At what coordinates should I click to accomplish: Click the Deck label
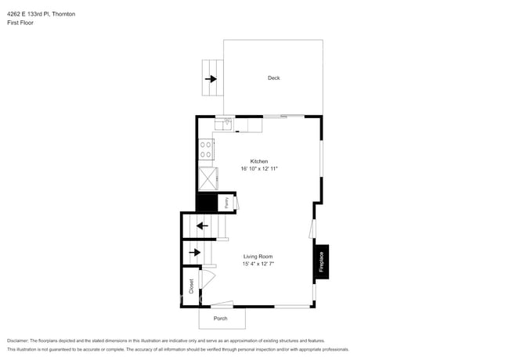273,78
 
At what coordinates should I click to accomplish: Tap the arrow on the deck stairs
211,79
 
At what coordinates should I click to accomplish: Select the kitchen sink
226,124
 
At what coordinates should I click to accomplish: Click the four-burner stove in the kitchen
207,148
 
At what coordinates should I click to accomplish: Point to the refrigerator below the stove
208,179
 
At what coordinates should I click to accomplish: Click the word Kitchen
258,161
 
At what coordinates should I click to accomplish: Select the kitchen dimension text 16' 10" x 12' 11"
259,169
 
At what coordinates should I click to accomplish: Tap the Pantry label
226,203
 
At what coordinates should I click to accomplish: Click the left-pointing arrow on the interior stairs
202,226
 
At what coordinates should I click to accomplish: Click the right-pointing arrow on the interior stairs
195,252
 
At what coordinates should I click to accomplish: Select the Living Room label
258,257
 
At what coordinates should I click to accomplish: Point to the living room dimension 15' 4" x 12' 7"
258,265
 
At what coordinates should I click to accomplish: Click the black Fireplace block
321,261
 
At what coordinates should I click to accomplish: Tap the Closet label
190,286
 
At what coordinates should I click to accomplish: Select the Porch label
221,319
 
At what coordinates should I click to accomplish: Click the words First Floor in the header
20,23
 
